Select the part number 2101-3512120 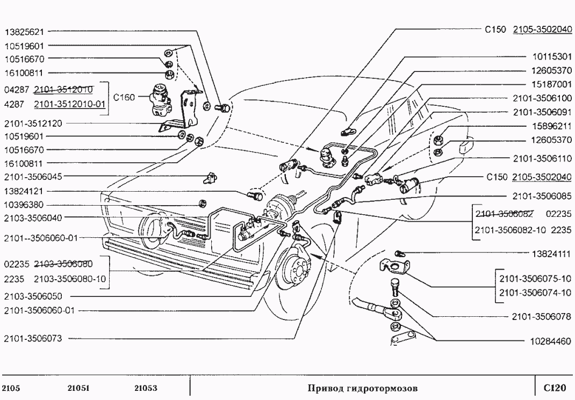click(33, 123)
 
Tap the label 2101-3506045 click(33, 177)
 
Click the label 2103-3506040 click(33, 218)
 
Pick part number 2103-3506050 click(33, 296)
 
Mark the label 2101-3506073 click(33, 339)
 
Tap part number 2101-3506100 click(542, 99)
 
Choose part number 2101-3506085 click(542, 196)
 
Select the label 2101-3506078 click(542, 317)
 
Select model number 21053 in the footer click(145, 388)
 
